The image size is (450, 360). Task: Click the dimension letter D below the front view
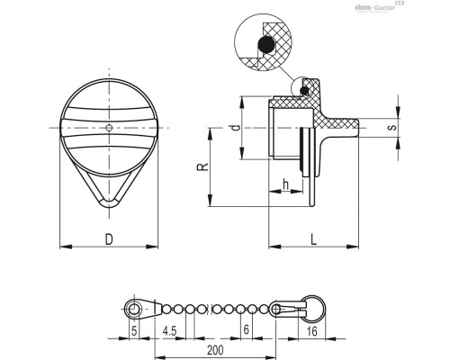[x=109, y=239]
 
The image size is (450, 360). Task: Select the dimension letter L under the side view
[x=314, y=239]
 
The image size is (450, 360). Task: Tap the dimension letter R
[x=202, y=167]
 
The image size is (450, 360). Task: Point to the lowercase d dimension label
[x=237, y=128]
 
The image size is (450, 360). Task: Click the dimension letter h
[x=286, y=184]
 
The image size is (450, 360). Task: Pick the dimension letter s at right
[x=391, y=128]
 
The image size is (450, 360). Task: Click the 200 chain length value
[x=215, y=350]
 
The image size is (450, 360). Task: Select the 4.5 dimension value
[x=169, y=331]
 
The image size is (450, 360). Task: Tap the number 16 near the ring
[x=312, y=331]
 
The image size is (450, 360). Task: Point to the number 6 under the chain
[x=246, y=329]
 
